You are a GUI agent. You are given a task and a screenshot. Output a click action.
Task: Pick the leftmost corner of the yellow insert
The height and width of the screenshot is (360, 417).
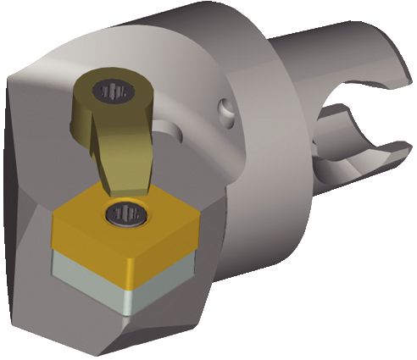pos(53,221)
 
